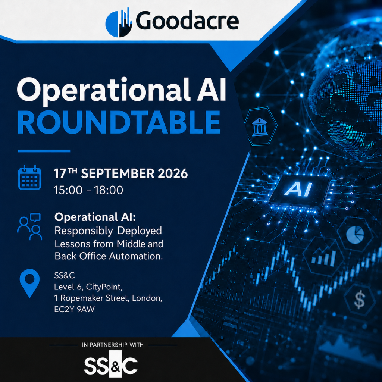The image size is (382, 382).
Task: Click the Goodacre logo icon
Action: (x=119, y=22)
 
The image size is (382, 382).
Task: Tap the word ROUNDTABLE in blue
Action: (x=119, y=122)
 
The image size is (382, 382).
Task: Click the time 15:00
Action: (x=68, y=190)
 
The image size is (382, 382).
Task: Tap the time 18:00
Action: (x=109, y=190)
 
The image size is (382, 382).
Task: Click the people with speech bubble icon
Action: (x=29, y=226)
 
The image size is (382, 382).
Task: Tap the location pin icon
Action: (x=29, y=284)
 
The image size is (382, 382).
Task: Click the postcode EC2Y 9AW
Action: (x=74, y=309)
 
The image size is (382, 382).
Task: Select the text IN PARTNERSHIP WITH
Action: (x=113, y=345)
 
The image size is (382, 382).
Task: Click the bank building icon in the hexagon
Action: (x=260, y=126)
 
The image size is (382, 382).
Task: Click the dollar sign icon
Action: (x=360, y=300)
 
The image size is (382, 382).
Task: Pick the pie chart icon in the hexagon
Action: (x=355, y=235)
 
